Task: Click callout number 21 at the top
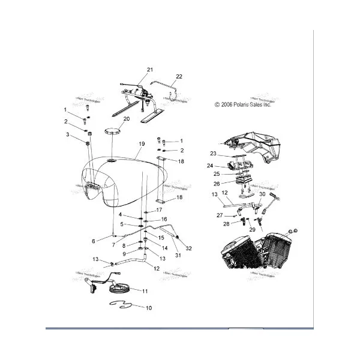coord(149,70)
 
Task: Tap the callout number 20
coord(126,119)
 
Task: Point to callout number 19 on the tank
coord(142,145)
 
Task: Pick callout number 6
coord(93,241)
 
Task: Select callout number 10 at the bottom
coord(149,308)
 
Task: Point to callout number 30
coord(262,194)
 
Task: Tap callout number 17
coord(159,210)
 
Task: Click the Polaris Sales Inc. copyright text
coord(242,104)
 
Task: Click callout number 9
coord(124,253)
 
